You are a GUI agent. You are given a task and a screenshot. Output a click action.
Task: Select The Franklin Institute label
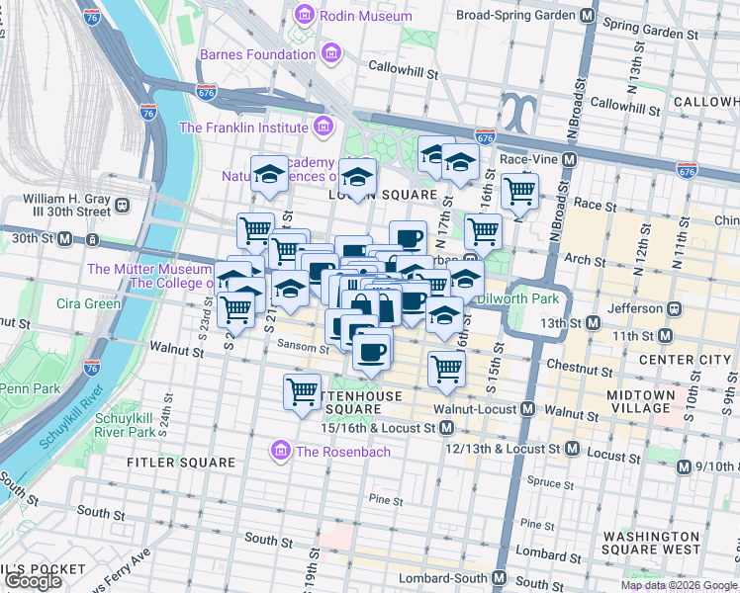(243, 127)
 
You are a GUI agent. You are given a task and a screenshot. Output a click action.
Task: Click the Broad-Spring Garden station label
(515, 16)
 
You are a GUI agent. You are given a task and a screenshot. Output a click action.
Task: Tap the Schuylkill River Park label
(125, 425)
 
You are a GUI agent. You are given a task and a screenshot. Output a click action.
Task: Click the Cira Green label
(89, 303)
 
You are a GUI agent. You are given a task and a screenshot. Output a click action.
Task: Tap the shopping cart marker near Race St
(519, 190)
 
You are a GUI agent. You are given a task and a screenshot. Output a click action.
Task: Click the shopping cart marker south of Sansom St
(302, 391)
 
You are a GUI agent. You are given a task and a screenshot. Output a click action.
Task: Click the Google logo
(34, 581)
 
